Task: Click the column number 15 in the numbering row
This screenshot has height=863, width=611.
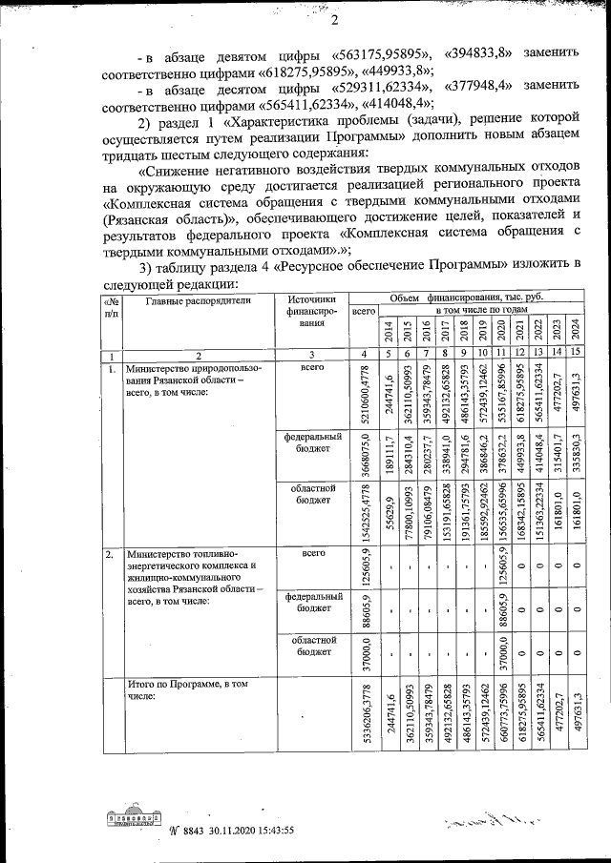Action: [575, 354]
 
